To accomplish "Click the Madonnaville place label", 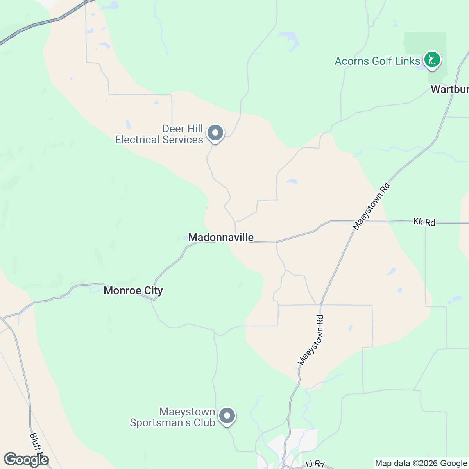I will pos(221,237).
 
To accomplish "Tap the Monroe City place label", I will pos(133,290).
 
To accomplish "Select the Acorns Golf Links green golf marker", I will pos(432,60).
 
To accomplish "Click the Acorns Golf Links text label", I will pos(377,61).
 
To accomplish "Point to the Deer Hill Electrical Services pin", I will pos(215,133).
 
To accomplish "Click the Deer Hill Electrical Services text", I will pos(159,134).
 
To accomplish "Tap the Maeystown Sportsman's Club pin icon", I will pos(227,416).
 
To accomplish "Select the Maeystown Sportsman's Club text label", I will pos(172,417).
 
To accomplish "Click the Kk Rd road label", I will pos(424,222).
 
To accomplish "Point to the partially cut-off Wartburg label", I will pos(449,89).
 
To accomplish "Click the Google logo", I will pos(26,460).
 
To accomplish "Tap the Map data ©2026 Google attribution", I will pos(421,464).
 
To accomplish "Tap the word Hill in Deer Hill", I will pos(193,129).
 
